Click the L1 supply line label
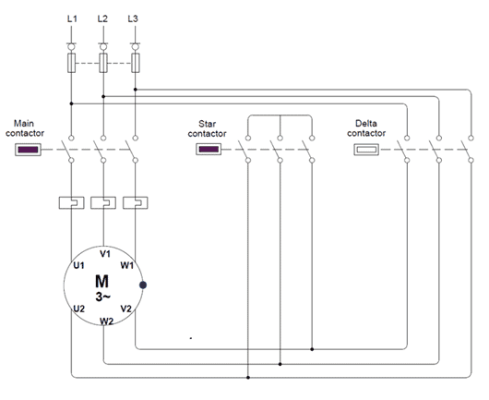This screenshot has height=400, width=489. [x=72, y=18]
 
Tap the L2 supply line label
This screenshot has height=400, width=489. [x=102, y=18]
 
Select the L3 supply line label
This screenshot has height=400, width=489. [x=133, y=18]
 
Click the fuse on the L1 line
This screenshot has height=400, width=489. [x=71, y=63]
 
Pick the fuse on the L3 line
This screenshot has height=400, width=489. [x=136, y=63]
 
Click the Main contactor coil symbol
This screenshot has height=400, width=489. [x=28, y=150]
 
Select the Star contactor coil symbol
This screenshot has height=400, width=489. [x=209, y=150]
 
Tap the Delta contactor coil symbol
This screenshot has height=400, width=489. [x=366, y=150]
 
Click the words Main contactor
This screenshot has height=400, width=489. [x=25, y=128]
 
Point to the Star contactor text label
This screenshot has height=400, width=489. [x=207, y=128]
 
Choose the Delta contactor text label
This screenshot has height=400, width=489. [x=366, y=128]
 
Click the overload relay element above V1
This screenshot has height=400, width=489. [x=103, y=202]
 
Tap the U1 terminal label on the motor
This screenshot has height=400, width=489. [x=79, y=265]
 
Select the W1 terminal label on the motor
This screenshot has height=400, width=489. [x=127, y=265]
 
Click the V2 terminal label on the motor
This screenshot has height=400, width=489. [x=126, y=309]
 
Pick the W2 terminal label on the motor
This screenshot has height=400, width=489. [x=107, y=321]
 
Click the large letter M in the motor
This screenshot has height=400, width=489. [x=102, y=282]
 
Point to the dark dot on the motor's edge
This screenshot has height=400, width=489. [x=143, y=285]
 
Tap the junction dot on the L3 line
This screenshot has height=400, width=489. [x=136, y=90]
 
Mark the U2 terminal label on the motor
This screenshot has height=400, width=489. [x=79, y=309]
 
